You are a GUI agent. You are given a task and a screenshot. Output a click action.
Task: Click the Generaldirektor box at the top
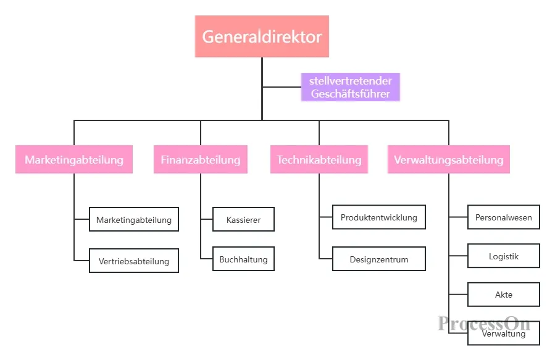click(x=262, y=36)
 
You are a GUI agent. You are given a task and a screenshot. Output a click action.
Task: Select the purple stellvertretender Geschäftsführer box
click(x=351, y=87)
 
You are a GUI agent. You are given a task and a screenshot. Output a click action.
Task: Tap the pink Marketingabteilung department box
click(x=74, y=159)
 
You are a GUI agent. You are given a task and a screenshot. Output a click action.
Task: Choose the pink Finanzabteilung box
click(x=201, y=159)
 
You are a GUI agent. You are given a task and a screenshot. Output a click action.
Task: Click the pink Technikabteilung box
click(x=319, y=159)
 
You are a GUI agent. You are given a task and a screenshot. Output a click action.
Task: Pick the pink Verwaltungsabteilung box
click(x=448, y=159)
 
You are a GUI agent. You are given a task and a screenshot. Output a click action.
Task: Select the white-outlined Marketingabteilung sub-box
click(x=134, y=219)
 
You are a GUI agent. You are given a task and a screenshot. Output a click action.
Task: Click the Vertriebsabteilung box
click(x=134, y=261)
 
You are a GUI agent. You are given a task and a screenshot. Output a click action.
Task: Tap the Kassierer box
click(x=243, y=219)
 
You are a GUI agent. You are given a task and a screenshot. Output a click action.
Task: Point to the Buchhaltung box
click(x=243, y=259)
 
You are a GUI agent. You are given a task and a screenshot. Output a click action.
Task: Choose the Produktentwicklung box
click(x=378, y=217)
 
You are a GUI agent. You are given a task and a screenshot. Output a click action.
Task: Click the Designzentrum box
click(x=378, y=259)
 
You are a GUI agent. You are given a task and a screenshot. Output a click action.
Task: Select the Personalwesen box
click(x=504, y=217)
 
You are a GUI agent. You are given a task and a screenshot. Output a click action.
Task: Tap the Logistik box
click(x=504, y=256)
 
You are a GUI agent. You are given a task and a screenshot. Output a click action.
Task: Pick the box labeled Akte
click(x=504, y=295)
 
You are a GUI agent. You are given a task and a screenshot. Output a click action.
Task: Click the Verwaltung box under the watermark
click(x=504, y=333)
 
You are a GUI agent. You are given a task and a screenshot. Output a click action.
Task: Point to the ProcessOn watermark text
click(x=484, y=323)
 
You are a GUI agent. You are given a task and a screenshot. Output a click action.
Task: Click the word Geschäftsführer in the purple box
click(x=351, y=94)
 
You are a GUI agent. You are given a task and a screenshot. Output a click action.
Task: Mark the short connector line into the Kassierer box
click(x=207, y=219)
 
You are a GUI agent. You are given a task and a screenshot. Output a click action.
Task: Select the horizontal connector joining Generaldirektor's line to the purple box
click(x=282, y=86)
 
